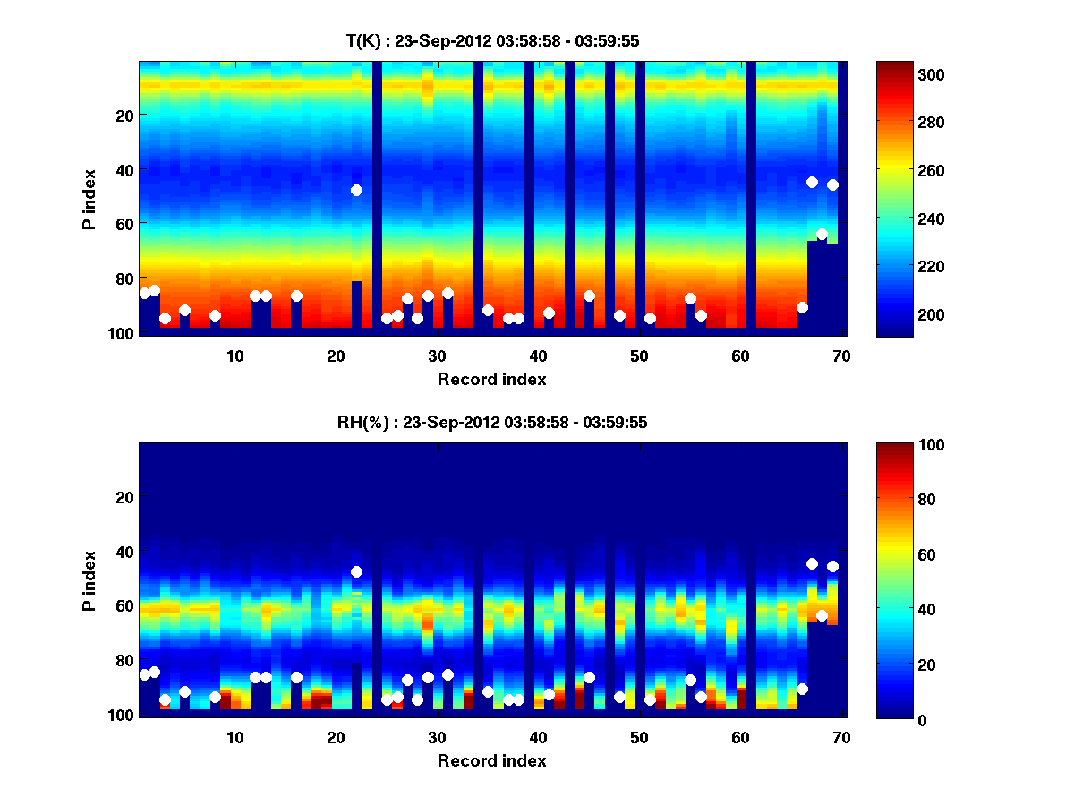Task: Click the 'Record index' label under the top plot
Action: [491, 379]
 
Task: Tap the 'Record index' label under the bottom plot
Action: [491, 760]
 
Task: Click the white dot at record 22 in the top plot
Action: [356, 190]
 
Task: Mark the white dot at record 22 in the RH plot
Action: [356, 571]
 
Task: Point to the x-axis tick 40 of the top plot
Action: [538, 356]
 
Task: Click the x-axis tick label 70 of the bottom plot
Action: [841, 737]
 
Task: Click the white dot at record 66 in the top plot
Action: [802, 307]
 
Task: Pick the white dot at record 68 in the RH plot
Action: [822, 615]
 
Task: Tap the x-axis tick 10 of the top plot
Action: [234, 356]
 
